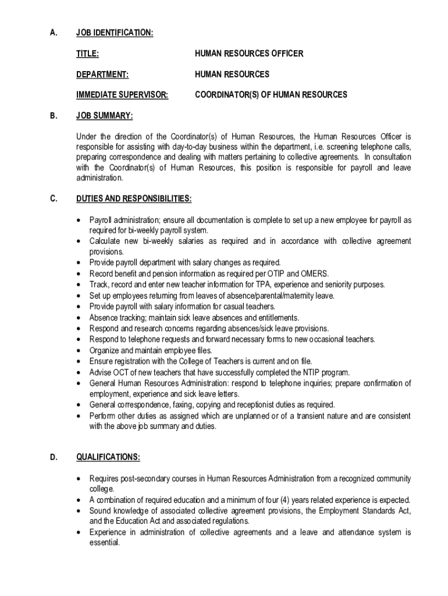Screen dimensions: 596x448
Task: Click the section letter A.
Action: pos(53,33)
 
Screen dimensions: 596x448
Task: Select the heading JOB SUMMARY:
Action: pos(105,116)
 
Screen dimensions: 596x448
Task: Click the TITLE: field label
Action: pos(87,54)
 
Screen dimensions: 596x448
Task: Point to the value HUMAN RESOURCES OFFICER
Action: pos(249,54)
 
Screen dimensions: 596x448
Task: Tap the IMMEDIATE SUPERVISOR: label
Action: pos(122,94)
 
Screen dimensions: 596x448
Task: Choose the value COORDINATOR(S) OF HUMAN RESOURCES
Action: pos(271,94)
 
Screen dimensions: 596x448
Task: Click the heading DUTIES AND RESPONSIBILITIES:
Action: pos(134,199)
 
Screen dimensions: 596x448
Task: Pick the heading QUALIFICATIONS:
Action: pos(108,457)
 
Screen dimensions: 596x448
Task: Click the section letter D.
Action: pos(53,457)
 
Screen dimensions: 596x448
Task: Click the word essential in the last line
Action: pos(104,542)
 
